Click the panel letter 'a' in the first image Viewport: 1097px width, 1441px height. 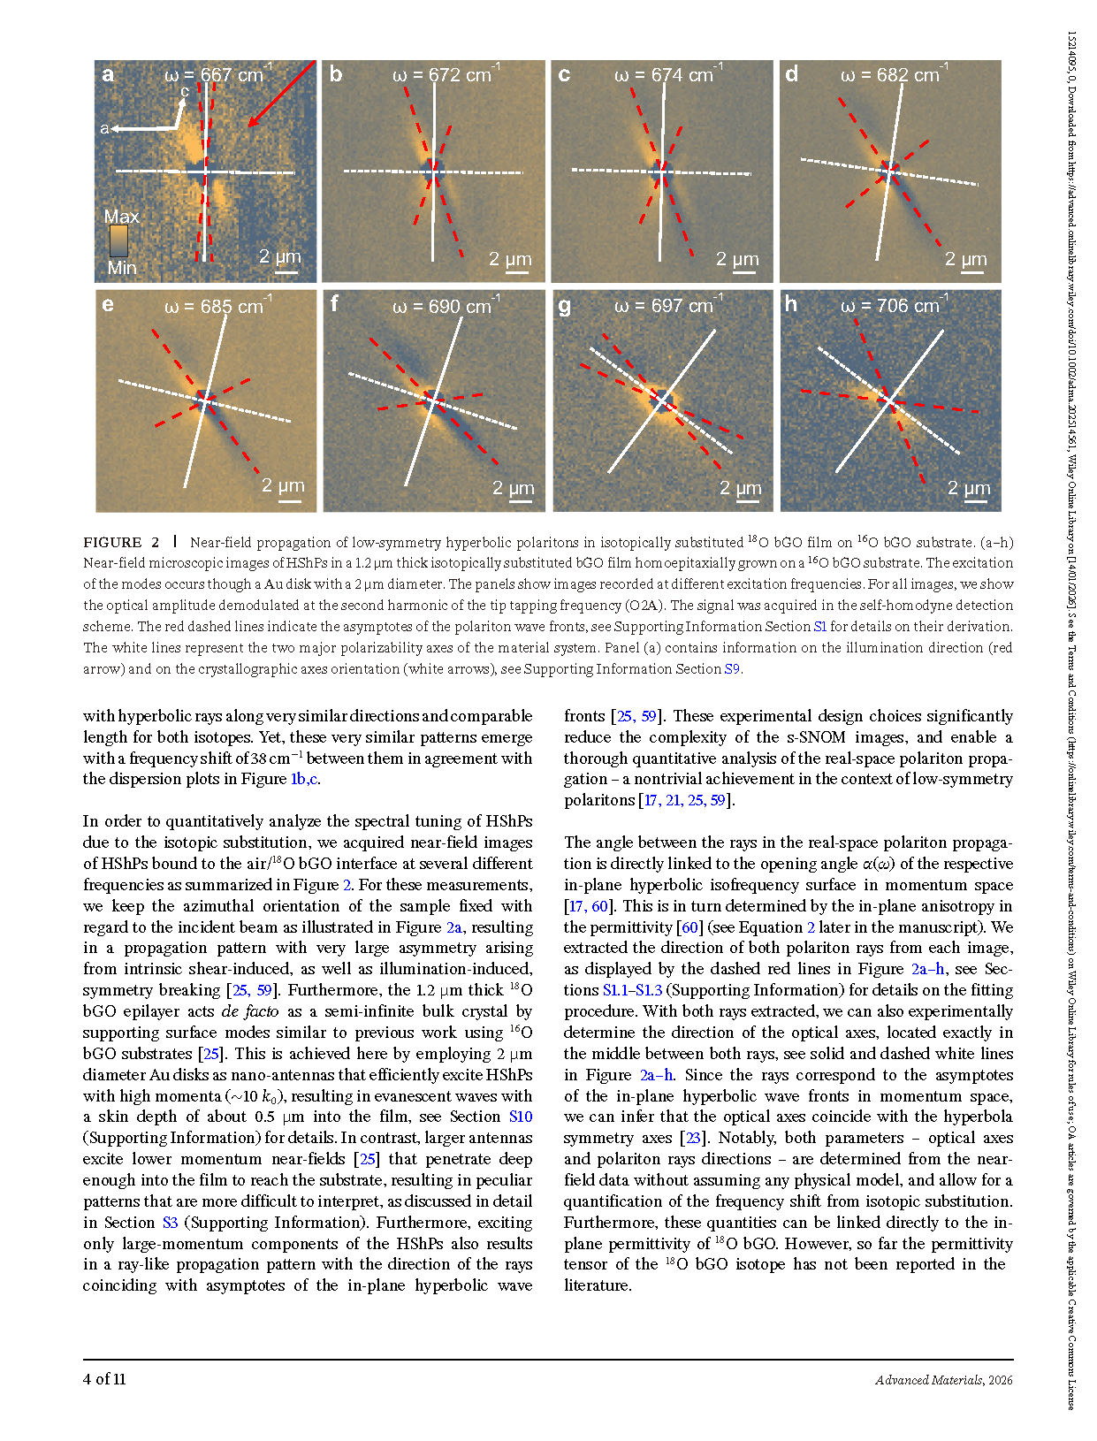coord(108,74)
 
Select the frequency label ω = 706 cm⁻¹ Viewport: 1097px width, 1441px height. coord(894,306)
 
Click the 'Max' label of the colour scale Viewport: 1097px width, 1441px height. coord(121,217)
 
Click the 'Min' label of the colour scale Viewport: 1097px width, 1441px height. coord(121,268)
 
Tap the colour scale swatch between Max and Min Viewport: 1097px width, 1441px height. coord(118,241)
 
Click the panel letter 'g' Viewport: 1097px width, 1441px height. coord(565,306)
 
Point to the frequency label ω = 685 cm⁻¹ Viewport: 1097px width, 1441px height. coord(217,307)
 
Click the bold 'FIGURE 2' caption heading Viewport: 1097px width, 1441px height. coord(121,543)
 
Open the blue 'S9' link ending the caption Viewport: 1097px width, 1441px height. coord(731,669)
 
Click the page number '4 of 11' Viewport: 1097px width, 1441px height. coord(104,1379)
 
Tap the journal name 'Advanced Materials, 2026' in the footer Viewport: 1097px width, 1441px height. coord(944,1380)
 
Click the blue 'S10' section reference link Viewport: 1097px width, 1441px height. coord(521,1117)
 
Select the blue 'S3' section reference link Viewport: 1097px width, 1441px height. coord(170,1223)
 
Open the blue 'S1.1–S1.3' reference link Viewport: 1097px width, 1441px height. coord(632,990)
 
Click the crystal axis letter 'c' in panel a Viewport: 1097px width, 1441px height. coord(185,91)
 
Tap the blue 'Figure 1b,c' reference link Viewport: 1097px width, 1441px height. coord(304,779)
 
